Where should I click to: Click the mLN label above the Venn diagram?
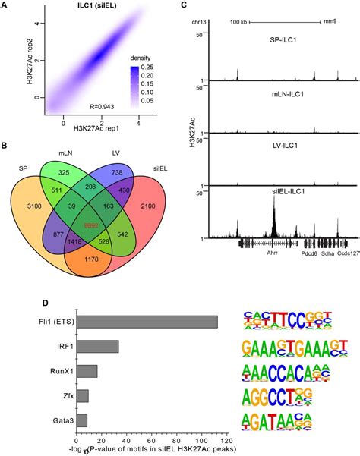coord(66,153)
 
